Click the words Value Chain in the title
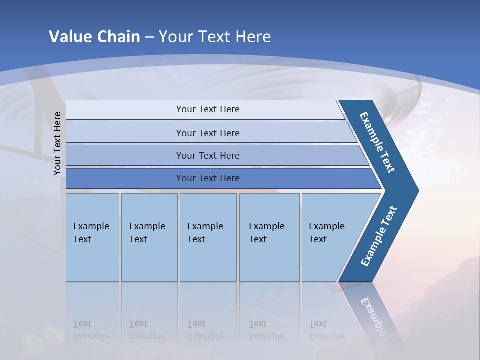point(94,37)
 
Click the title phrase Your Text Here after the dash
point(215,37)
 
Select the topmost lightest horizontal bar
point(125,110)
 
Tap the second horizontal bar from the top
point(125,133)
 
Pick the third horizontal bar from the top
point(125,155)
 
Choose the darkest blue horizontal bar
point(125,178)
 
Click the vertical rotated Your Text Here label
point(57,143)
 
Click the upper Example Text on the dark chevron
point(377,142)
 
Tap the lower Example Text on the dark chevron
point(379,236)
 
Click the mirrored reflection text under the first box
point(92,330)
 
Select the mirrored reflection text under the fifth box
point(327,330)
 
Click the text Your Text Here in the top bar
point(208,109)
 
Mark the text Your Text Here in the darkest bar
point(208,178)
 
